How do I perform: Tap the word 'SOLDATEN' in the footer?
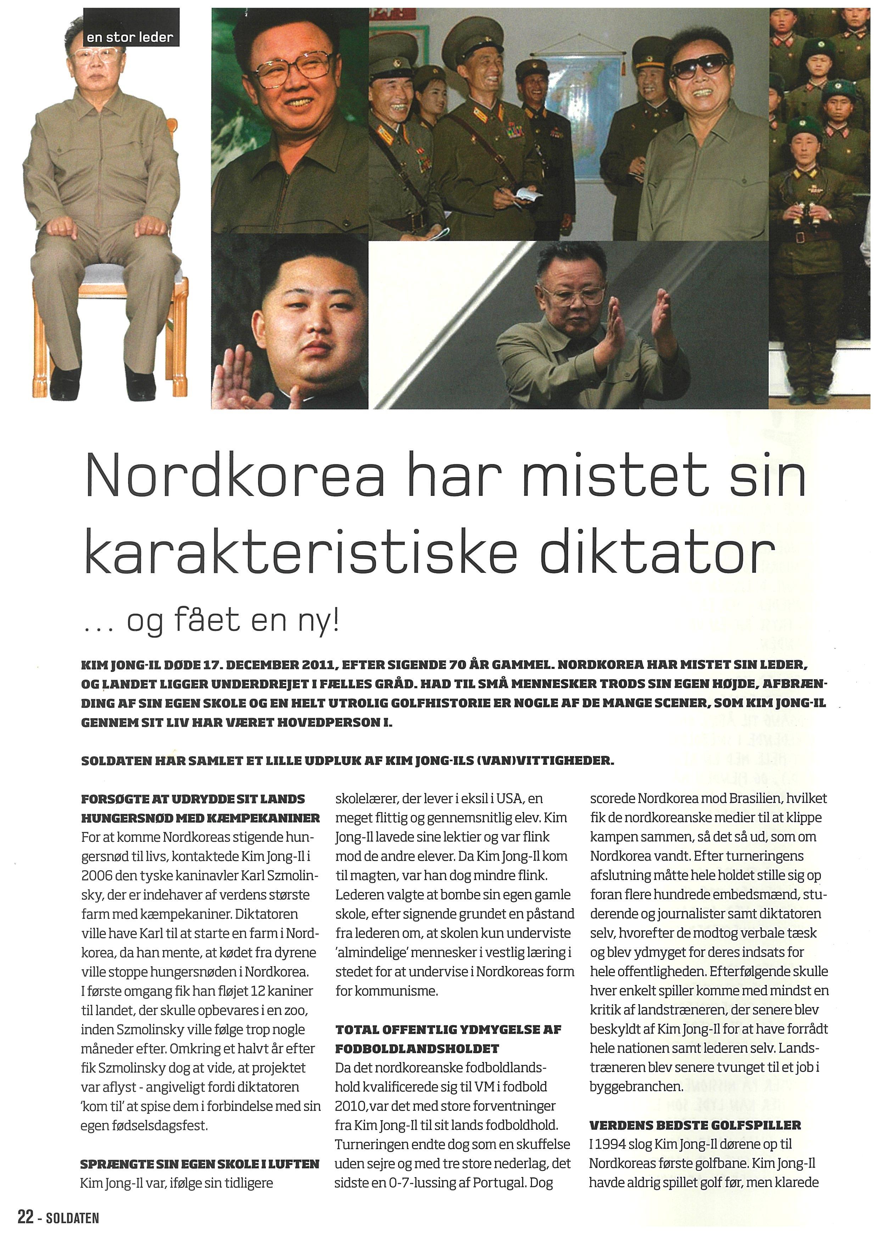(x=73, y=1219)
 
